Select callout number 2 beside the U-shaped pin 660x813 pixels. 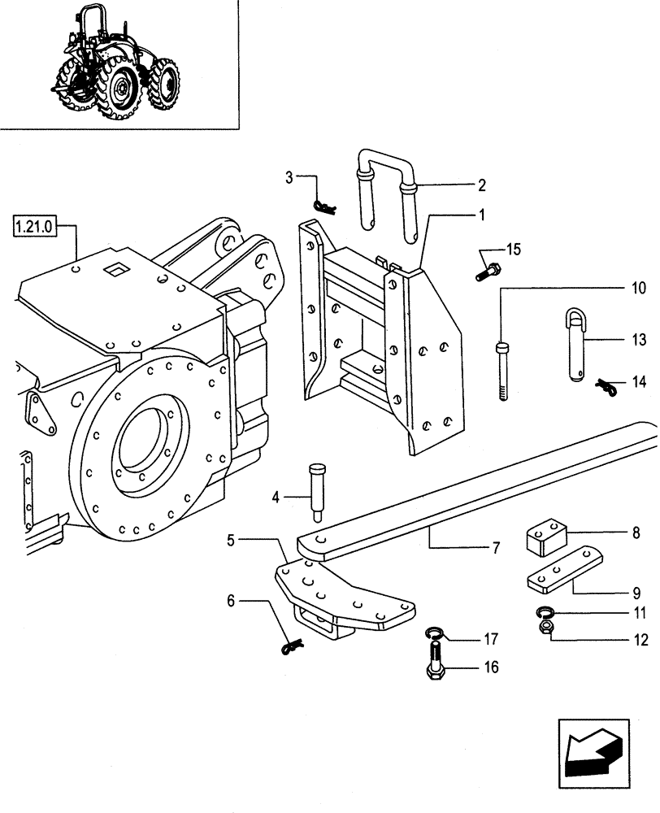(481, 185)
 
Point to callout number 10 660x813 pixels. (638, 288)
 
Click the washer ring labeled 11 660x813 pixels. (546, 612)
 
